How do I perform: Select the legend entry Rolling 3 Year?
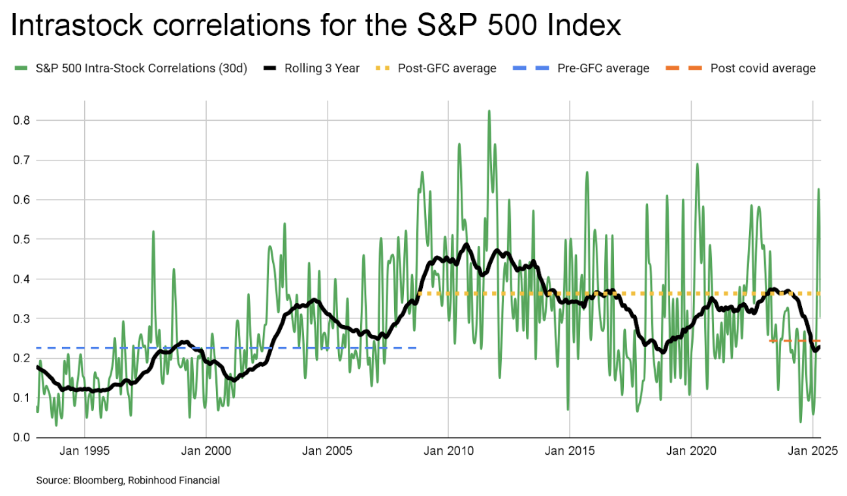322,68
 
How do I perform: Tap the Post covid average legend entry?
762,68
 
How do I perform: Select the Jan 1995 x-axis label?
84,451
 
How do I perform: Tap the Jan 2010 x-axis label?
448,451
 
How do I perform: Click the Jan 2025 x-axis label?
812,451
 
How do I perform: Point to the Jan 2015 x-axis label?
569,451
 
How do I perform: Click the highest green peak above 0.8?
489,112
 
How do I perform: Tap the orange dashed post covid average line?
793,341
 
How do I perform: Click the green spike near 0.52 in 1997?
153,232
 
